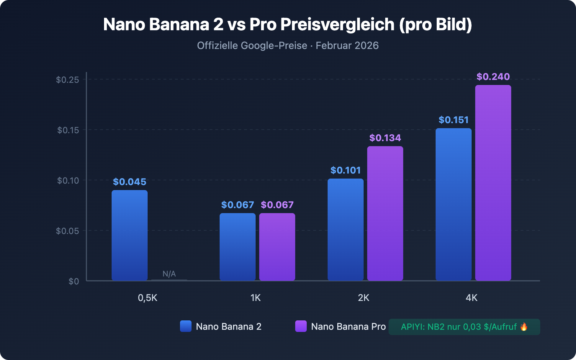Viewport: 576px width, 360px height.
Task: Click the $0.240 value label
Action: (x=493, y=77)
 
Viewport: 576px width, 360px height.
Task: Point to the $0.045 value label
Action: (x=130, y=182)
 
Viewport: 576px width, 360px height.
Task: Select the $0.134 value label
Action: (x=385, y=138)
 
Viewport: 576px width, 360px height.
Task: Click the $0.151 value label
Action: (x=454, y=120)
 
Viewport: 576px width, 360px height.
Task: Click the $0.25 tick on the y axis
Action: (x=67, y=80)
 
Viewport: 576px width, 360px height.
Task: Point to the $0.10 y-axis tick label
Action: (x=68, y=180)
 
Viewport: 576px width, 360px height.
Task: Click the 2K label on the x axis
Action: (x=364, y=298)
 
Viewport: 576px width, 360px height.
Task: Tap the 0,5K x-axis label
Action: (x=148, y=298)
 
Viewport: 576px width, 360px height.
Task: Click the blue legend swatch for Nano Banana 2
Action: (x=186, y=326)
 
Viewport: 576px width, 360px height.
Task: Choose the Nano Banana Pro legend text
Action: (x=348, y=327)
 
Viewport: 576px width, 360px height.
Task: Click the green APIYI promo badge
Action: (x=464, y=327)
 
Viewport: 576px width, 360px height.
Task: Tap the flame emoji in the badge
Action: (x=524, y=327)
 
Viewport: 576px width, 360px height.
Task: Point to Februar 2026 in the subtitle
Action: (x=347, y=46)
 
